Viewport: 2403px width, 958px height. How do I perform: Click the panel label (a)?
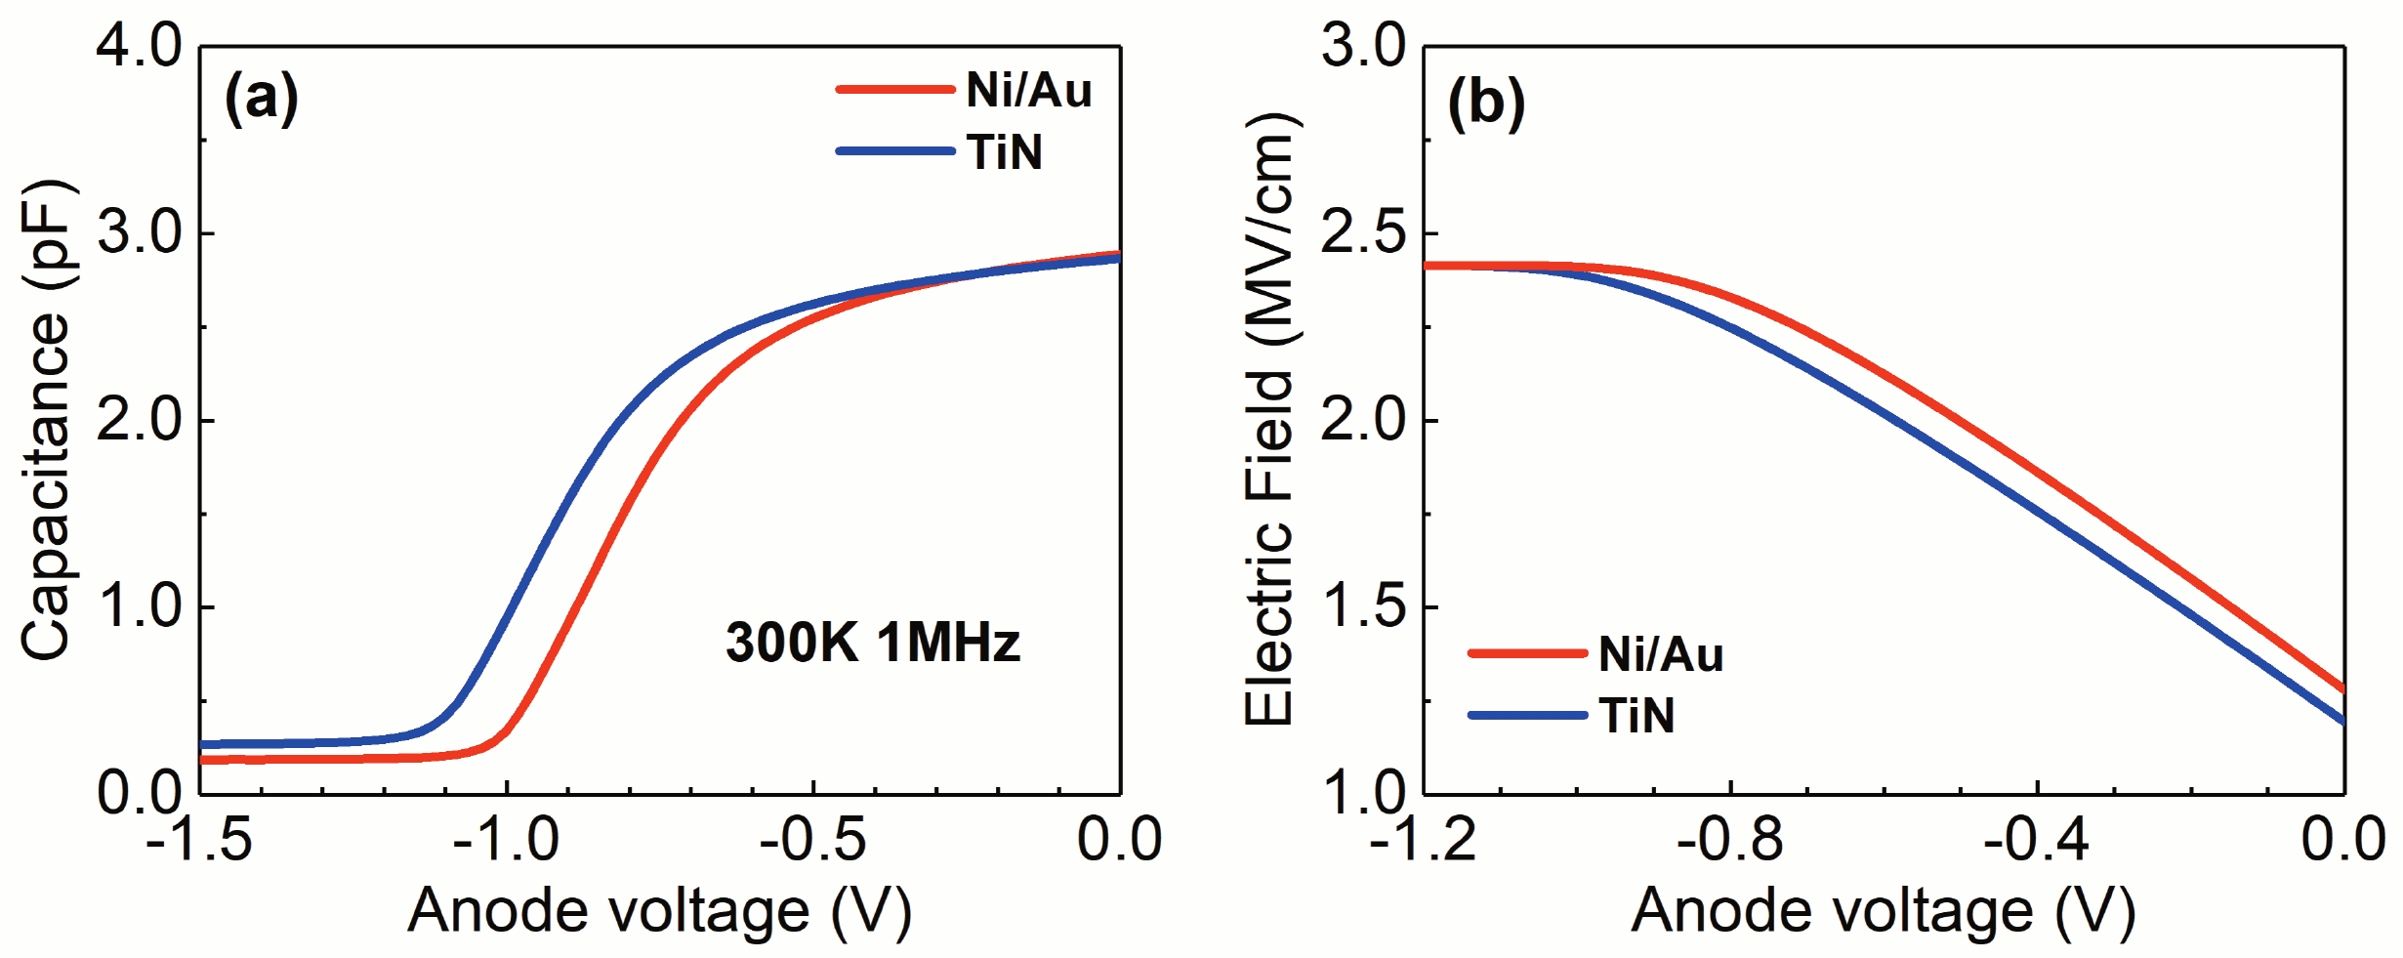pos(261,100)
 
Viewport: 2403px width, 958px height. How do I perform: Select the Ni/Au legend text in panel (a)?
pos(1028,90)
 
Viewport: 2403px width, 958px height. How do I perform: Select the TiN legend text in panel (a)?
pos(1005,152)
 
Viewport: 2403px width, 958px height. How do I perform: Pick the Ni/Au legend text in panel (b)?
pos(1660,653)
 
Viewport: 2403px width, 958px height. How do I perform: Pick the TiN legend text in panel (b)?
pos(1637,716)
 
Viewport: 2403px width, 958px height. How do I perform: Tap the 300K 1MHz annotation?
pos(872,643)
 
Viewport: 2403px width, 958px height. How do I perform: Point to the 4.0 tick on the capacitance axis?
pos(139,46)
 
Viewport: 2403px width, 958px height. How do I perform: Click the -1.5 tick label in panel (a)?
pos(199,840)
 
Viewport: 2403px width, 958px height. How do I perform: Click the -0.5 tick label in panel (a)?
pos(812,840)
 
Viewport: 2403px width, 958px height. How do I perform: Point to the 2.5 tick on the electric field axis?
pos(1363,234)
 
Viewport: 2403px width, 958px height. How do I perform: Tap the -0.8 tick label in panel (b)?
pos(1729,840)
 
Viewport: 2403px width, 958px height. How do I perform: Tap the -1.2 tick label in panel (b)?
pos(1423,840)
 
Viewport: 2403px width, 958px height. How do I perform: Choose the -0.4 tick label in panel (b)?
pos(2036,840)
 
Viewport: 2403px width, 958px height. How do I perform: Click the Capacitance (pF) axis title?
pos(46,420)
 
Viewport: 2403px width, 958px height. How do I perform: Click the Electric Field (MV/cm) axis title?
pos(1269,420)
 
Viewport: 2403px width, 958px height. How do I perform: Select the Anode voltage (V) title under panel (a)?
pos(659,912)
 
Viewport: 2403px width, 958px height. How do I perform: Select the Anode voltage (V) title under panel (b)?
pos(1883,912)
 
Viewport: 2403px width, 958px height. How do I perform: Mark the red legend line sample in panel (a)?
pos(894,90)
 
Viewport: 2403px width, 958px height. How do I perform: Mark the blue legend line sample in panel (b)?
pos(1526,716)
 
